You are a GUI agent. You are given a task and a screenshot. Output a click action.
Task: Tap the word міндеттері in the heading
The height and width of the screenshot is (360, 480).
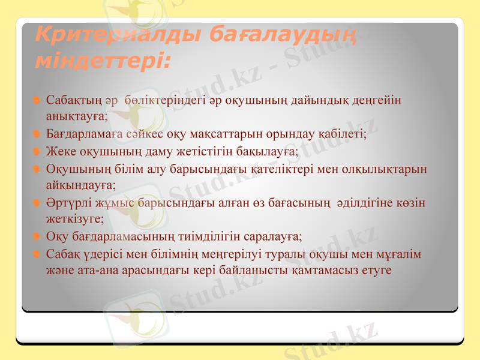coord(102,60)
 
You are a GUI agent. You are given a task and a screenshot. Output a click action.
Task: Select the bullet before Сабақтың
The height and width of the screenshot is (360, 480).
coord(37,100)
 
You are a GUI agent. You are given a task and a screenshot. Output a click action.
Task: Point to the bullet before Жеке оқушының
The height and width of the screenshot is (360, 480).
coord(37,152)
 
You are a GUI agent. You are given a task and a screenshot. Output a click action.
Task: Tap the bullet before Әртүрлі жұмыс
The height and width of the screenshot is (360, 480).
coord(37,203)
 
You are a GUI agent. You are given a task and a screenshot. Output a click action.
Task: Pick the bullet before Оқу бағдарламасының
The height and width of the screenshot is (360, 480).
coord(37,236)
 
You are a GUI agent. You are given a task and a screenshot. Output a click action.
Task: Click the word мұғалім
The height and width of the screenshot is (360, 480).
coord(400,254)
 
